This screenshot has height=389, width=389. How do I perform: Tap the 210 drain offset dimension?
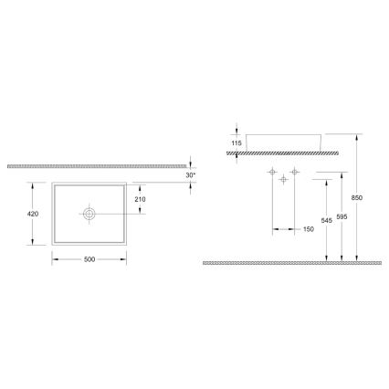(140, 199)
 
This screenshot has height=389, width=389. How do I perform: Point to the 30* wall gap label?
(192, 174)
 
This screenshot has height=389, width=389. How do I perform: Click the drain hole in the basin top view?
(89, 214)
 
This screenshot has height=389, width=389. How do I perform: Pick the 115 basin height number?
(236, 143)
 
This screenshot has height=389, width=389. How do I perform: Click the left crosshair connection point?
(272, 173)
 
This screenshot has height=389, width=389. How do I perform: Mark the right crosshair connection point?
(294, 173)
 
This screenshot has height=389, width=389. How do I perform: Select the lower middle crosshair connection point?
(283, 181)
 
